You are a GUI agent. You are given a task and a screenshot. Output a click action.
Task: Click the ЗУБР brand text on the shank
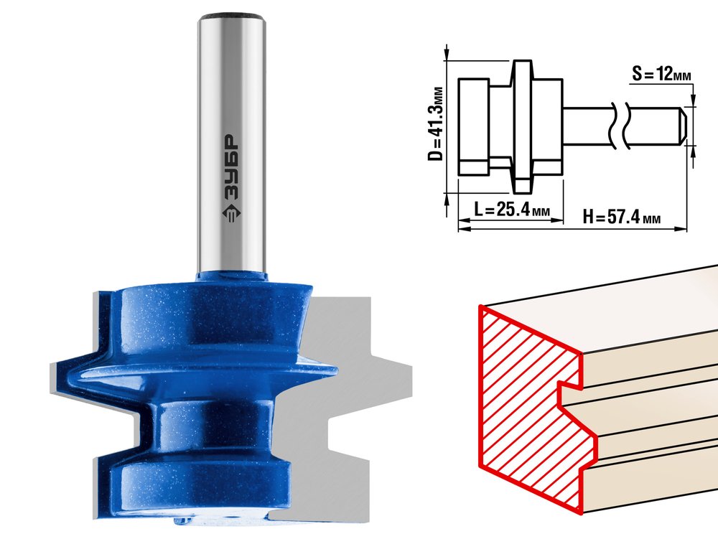pos(232,167)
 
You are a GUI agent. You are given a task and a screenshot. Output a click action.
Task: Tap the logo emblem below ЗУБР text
pos(231,212)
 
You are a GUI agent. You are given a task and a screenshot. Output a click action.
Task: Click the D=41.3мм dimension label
pos(436,123)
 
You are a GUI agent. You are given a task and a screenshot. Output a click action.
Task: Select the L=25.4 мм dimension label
pos(511,210)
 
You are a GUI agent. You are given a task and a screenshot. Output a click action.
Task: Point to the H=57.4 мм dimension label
pos(622,216)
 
